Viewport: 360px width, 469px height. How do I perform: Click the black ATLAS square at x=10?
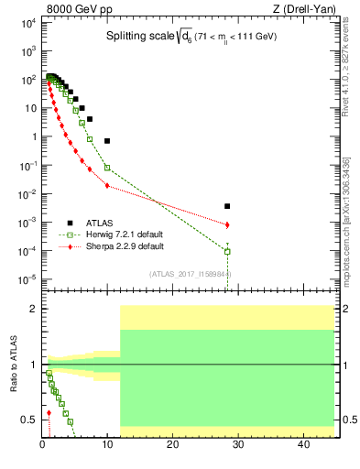tap(107, 141)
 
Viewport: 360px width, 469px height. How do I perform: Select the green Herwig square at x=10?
tap(107, 168)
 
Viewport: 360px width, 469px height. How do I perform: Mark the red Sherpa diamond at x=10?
tap(107, 186)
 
